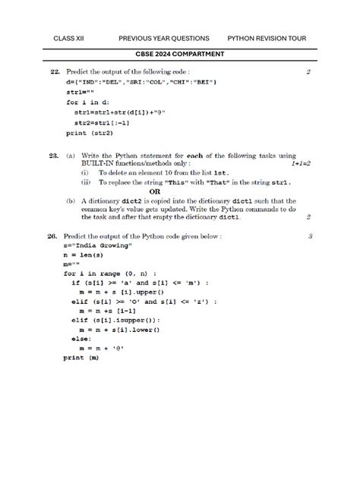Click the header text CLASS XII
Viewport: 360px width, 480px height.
pyautogui.click(x=69, y=38)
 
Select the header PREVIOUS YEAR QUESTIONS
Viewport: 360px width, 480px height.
pyautogui.click(x=163, y=38)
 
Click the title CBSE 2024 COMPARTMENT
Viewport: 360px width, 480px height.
pyautogui.click(x=180, y=55)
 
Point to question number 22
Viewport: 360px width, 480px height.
pyautogui.click(x=55, y=72)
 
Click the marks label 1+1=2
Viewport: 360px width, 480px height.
pyautogui.click(x=301, y=163)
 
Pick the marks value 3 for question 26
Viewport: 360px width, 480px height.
pyautogui.click(x=311, y=237)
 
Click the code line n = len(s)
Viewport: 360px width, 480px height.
pyautogui.click(x=83, y=256)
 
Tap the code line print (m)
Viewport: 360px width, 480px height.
pyautogui.click(x=81, y=357)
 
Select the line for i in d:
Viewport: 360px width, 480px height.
pyautogui.click(x=87, y=103)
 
